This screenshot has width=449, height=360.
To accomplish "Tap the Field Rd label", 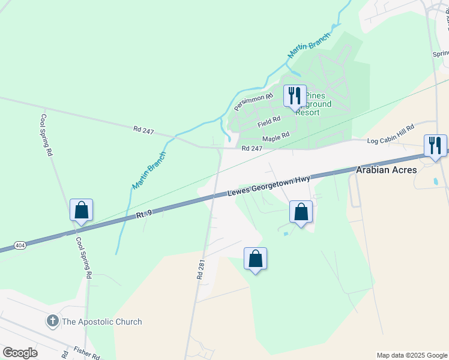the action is (x=269, y=121).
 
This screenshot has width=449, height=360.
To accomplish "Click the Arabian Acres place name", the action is (x=387, y=170).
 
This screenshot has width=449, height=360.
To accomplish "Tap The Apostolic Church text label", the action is (x=102, y=322).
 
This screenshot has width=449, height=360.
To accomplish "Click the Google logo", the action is (x=20, y=353).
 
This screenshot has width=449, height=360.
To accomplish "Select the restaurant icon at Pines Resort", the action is (x=295, y=96).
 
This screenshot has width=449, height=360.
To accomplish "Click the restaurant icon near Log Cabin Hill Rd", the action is (x=435, y=145).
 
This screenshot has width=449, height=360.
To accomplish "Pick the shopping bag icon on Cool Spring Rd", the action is (x=81, y=210).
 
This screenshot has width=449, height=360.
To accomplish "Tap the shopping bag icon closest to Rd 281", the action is (x=255, y=259).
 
